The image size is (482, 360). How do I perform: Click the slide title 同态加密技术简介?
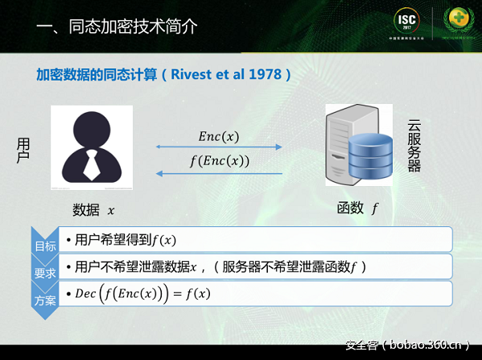[x=117, y=26]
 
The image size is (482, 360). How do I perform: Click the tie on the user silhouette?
[x=92, y=164]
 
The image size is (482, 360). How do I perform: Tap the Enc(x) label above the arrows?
[x=219, y=136]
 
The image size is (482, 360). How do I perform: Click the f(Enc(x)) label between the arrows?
[x=219, y=160]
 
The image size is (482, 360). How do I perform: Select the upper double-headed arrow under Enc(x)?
[x=219, y=147]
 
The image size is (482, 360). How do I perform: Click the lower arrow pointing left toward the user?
[x=219, y=172]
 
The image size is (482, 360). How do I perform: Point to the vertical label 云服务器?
[x=414, y=146]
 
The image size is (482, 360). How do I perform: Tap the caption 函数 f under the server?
[x=357, y=209]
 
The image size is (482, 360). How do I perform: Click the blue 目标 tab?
[x=44, y=246]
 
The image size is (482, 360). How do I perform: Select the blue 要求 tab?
[x=44, y=273]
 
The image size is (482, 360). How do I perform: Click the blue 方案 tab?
[x=44, y=300]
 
